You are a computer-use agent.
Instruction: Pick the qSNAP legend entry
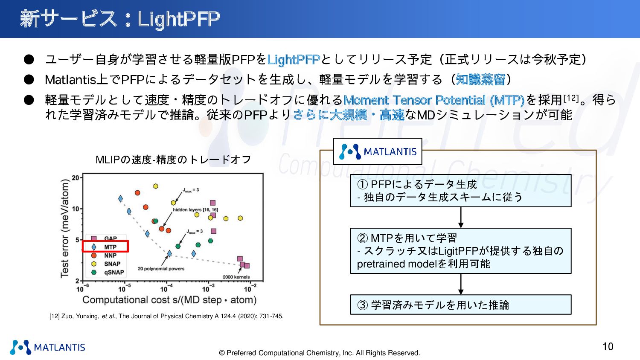coord(108,272)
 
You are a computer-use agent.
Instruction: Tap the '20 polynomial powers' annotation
coord(161,269)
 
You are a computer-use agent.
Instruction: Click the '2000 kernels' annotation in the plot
coord(236,277)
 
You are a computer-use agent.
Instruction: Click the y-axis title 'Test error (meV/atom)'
coord(65,228)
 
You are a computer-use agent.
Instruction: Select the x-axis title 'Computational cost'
coord(169,300)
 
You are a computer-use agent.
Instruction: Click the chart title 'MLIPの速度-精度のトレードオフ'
coord(173,160)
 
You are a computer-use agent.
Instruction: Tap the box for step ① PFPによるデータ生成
coord(460,191)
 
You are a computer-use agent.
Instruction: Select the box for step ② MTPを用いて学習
coord(460,250)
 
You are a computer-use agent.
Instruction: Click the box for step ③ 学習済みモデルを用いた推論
coord(460,305)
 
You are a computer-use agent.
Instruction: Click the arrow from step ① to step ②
coord(460,218)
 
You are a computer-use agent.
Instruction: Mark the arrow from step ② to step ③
coord(460,284)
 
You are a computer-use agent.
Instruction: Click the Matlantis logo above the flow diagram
coord(378,151)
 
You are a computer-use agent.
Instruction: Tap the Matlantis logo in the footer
coord(47,347)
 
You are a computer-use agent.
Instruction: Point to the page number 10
coord(608,346)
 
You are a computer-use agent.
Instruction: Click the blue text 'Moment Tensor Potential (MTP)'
coord(434,100)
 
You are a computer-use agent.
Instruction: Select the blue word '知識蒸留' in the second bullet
coord(480,79)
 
